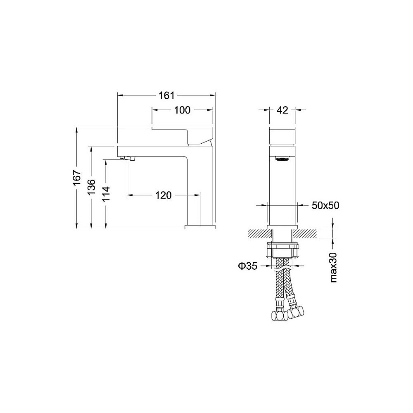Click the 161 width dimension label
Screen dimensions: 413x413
167,95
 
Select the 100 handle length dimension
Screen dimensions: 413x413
182,110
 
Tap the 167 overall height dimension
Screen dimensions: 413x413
77,178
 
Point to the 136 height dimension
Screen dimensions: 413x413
91,187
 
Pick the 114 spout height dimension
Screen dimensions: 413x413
106,194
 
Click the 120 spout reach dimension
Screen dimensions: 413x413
163,195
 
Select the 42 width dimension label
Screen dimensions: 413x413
282,110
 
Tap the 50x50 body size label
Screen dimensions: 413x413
325,205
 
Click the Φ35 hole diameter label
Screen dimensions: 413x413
247,266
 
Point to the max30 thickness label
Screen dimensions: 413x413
333,267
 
